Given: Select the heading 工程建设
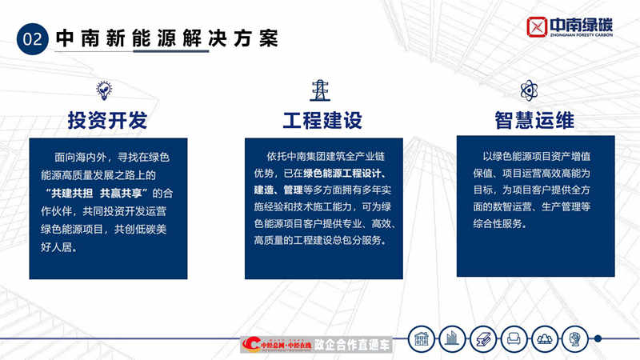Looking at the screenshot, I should point(322,121).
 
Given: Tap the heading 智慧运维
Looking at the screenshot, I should point(534,121).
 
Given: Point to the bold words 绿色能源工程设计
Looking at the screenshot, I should point(345,174).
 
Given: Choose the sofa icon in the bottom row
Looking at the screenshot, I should point(514,338).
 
